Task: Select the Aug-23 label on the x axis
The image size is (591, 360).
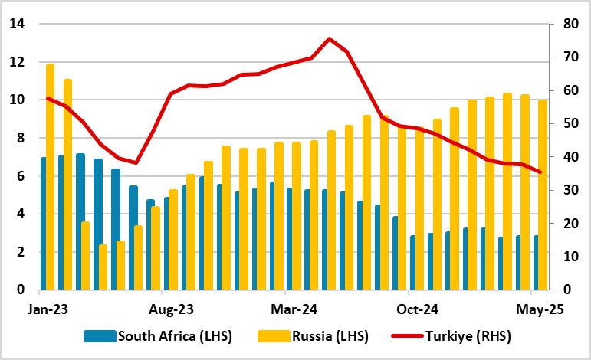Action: pos(162,310)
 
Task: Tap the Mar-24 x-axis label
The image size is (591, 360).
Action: pos(284,310)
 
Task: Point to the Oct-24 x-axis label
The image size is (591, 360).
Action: pos(408,310)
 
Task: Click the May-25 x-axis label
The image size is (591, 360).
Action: pos(531,310)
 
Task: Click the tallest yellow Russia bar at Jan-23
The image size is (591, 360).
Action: pos(51,176)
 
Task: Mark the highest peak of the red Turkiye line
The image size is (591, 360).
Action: pos(329,38)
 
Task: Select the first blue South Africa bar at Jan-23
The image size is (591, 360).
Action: pos(43,223)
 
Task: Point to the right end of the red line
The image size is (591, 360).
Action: pos(541,172)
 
